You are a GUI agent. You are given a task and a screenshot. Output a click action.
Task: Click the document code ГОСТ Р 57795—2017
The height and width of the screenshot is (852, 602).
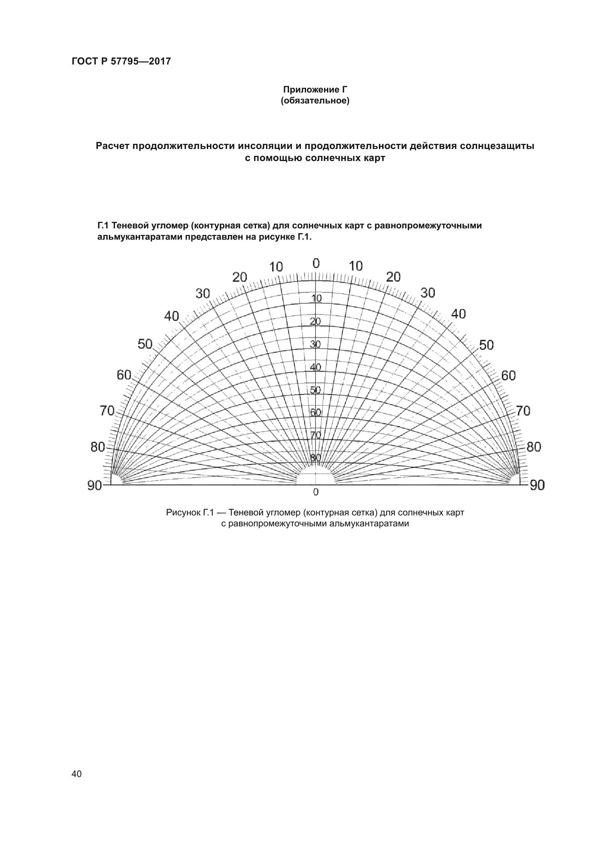click(121, 61)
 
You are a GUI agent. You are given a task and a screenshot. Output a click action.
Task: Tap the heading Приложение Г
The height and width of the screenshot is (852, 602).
click(315, 90)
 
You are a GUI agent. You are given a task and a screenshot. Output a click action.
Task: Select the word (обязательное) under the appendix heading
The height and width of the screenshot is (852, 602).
click(315, 101)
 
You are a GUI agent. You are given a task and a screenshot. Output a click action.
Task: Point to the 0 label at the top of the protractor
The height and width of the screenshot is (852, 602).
click(316, 263)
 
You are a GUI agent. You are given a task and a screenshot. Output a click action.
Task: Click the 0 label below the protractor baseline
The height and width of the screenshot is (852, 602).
click(316, 492)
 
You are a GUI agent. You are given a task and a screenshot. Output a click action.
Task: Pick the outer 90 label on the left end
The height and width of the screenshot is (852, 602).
click(95, 485)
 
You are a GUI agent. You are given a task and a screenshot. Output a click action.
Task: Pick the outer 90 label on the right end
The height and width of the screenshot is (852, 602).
click(537, 485)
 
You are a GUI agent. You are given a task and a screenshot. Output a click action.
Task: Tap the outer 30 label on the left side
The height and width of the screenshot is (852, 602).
click(203, 294)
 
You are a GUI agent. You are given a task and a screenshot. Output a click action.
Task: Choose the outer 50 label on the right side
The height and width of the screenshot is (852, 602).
click(486, 345)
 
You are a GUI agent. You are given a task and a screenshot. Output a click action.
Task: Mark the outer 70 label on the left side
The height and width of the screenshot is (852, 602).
click(107, 411)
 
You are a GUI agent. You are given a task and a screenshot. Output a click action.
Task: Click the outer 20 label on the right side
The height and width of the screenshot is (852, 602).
click(393, 277)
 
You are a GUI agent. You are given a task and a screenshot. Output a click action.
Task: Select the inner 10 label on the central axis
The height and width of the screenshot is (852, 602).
click(316, 298)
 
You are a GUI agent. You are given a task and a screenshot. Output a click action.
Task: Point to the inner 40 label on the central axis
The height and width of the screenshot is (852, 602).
click(316, 367)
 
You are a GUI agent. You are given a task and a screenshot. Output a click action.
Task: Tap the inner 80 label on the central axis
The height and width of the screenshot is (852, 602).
click(316, 458)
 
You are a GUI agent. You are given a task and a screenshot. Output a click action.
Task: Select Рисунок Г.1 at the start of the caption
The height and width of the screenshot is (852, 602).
click(190, 513)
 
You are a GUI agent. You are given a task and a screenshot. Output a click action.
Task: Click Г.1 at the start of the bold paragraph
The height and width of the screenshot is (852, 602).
click(103, 225)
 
